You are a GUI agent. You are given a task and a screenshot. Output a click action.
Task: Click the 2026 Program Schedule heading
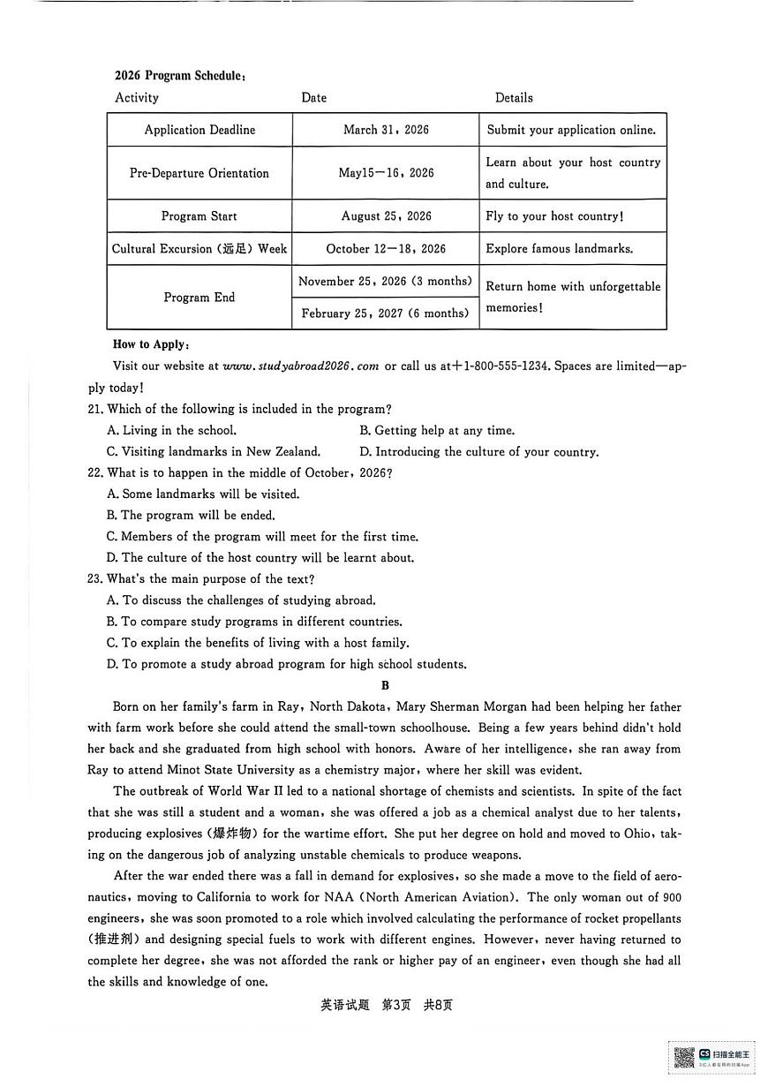click(179, 76)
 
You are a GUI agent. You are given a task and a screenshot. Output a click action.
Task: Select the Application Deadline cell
click(200, 130)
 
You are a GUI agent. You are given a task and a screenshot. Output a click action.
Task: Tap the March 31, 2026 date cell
click(386, 130)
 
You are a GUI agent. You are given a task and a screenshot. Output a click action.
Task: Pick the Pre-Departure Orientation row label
click(200, 173)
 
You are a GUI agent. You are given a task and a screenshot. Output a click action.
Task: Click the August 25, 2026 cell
click(386, 216)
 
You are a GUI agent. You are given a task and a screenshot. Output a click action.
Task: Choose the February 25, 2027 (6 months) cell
click(385, 313)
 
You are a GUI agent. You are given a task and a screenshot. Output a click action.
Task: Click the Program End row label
click(200, 298)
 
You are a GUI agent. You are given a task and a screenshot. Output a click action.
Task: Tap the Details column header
click(514, 98)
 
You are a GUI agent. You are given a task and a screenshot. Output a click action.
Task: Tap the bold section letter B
click(384, 685)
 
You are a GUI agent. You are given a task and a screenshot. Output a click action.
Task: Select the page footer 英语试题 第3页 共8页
click(386, 1005)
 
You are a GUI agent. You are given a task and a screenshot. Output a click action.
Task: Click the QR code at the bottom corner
click(684, 1056)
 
